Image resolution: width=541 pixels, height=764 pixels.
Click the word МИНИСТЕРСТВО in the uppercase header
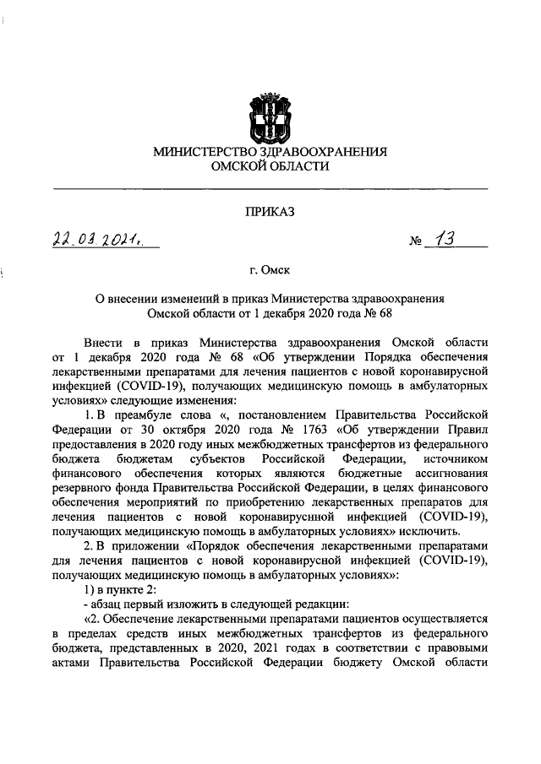[x=208, y=153]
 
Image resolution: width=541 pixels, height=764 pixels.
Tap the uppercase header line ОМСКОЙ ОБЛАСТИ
[x=270, y=167]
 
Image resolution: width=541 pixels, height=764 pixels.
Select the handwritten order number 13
[x=445, y=240]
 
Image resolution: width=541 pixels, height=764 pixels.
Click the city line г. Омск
[x=270, y=271]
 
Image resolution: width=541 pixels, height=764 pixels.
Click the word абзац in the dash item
[x=109, y=605]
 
